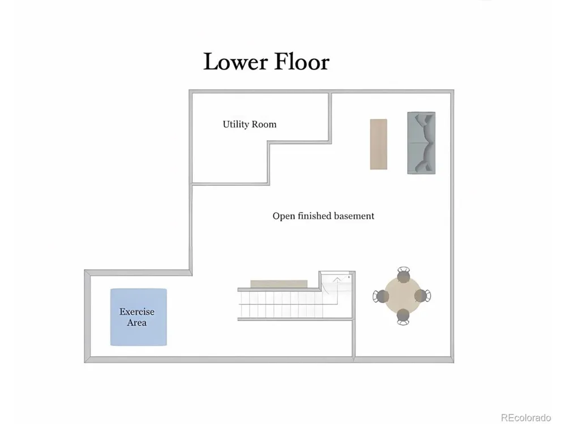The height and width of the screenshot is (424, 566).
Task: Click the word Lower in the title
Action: pos(235,62)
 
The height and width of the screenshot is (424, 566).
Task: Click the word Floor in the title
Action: pos(302,62)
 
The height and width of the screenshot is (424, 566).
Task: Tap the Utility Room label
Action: pos(250,124)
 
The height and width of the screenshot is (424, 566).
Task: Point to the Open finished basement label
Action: pos(323,216)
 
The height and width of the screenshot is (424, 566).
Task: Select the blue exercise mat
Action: pos(139,317)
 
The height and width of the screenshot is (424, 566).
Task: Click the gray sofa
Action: pos(421,143)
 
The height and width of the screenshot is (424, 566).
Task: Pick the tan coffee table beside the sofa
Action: pos(379,144)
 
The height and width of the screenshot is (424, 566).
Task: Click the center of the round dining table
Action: pos(402,296)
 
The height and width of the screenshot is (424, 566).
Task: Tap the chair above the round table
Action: pos(404,275)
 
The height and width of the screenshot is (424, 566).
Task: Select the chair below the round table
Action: pos(403,317)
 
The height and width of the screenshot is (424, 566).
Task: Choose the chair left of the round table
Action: pos(380,296)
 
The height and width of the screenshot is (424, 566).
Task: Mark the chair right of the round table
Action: pos(423,296)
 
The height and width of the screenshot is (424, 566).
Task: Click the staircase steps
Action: pos(280,305)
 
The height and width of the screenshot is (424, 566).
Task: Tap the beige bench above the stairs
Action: pos(279,284)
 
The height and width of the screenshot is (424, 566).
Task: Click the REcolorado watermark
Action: pos(526,418)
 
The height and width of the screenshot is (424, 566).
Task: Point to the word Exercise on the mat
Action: pos(137,311)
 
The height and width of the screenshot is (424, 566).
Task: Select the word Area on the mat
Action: pos(136,322)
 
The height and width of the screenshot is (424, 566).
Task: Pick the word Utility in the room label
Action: pos(235,124)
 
